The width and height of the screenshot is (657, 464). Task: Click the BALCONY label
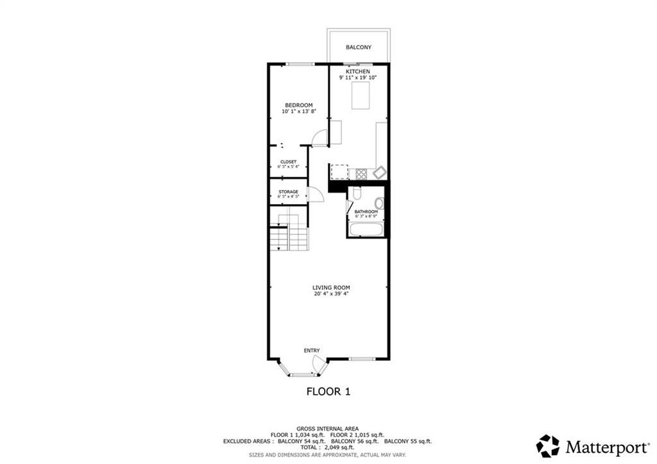coord(358,47)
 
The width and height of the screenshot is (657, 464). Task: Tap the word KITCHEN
coord(358,71)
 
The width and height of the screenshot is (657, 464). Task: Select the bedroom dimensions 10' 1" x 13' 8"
coord(298,112)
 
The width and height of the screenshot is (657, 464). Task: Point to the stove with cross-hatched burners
coord(361,173)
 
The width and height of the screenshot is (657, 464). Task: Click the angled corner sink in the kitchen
coord(379,172)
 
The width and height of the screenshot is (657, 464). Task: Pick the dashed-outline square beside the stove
coord(339,172)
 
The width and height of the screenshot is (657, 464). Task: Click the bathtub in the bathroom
coord(366,228)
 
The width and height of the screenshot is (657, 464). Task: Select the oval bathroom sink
coord(379,204)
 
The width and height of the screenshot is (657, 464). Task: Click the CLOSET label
coord(288,162)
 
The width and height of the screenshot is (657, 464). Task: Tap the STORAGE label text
coord(288,191)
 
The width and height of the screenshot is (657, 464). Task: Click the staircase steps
coord(288,234)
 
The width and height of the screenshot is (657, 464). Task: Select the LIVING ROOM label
coord(331,288)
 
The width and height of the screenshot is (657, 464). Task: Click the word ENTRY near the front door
coord(312,350)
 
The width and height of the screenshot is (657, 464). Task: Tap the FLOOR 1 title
coord(328,390)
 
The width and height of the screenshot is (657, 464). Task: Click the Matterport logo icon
coord(548,445)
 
